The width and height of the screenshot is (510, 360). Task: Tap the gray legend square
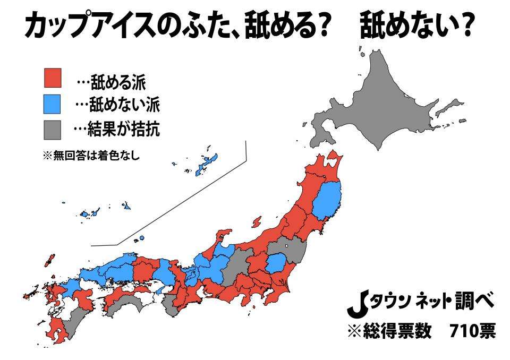coord(53,129)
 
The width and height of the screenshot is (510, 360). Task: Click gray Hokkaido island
coord(382,101)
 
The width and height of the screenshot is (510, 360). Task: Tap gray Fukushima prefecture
coord(290,250)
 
